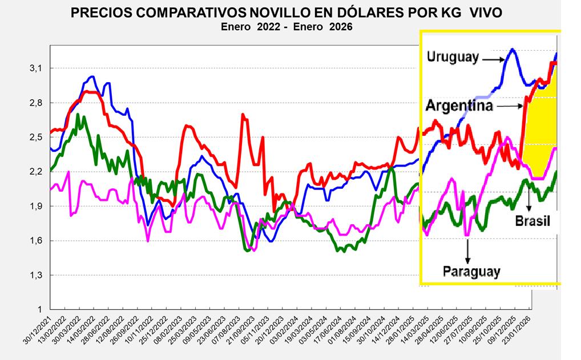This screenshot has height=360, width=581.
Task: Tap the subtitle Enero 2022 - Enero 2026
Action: tap(287, 26)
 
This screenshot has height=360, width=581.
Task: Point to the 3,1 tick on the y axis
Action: tap(36, 68)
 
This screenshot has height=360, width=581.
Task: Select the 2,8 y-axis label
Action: tap(36, 103)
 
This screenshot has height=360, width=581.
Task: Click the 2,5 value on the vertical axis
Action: tap(36, 137)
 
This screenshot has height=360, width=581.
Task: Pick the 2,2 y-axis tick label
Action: tap(36, 172)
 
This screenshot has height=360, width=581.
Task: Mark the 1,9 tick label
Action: tap(36, 206)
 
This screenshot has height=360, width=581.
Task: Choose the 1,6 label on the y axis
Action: tap(36, 241)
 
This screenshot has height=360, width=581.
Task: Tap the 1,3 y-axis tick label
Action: tap(36, 275)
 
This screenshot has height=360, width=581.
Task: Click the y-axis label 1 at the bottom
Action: tap(39, 310)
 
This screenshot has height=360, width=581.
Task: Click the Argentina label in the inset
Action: tap(459, 106)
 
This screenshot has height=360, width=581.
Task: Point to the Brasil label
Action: tap(532, 221)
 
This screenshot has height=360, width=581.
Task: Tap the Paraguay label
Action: tap(471, 271)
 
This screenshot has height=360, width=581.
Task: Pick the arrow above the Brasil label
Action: tap(529, 200)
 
